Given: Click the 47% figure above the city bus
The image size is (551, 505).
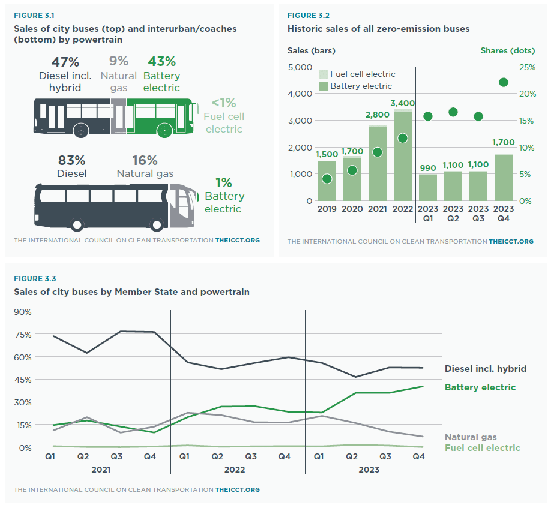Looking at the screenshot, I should pos(65,62).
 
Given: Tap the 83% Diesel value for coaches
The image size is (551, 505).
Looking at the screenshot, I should pos(71,161).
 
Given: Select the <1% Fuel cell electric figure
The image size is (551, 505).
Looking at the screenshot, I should pos(223,103).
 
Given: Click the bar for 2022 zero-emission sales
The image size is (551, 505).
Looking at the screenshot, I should pos(403,156).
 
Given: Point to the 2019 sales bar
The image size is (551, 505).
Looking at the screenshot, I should pos(327,181).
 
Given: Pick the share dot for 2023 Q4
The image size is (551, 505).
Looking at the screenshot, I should pos(504,82).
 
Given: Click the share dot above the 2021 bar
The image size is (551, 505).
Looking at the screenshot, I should pos(378,152).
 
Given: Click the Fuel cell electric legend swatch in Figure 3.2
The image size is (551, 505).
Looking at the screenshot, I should pos(323,74).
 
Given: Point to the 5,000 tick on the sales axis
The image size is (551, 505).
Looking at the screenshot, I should pos(300,67).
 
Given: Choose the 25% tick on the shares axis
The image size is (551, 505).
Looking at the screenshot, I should pos(527,67).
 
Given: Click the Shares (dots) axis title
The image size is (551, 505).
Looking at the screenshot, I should pos(507,50).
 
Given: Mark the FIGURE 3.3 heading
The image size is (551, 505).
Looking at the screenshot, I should pos(35,279).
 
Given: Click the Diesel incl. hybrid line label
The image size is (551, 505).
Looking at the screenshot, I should pos(486,368).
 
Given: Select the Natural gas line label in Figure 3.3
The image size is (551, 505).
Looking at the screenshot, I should pos(471,437).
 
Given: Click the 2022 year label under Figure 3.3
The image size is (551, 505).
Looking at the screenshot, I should pos(234,469).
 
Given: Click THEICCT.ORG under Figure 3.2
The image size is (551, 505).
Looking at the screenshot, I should pos(511,241).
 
